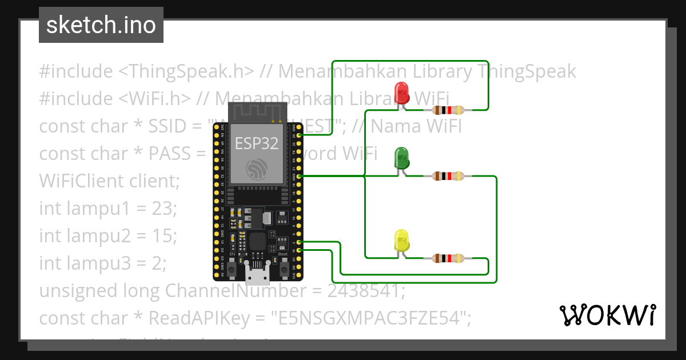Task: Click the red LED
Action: (x=402, y=93)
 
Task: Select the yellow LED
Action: (x=402, y=241)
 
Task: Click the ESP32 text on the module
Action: (x=257, y=143)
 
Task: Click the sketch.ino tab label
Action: (x=101, y=25)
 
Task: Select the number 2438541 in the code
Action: (x=365, y=291)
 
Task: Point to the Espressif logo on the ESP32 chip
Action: (x=257, y=169)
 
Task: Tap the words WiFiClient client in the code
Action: (x=109, y=181)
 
